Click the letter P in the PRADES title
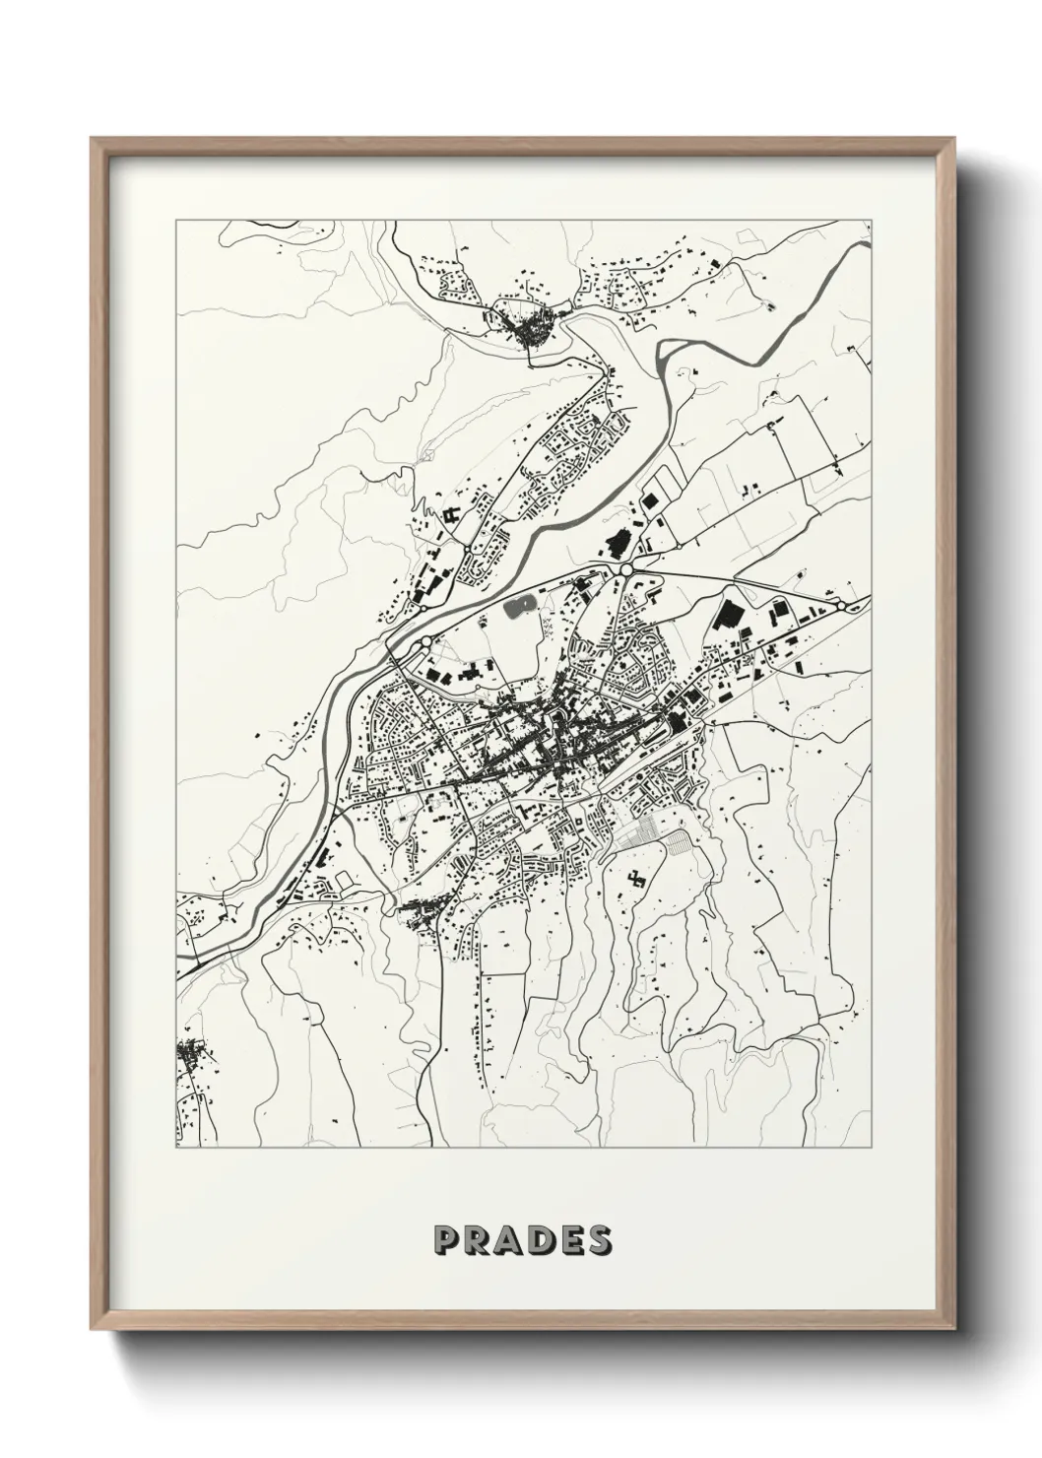point(443,1240)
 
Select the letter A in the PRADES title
point(506,1240)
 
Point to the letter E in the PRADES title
point(568,1240)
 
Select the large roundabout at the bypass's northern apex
point(625,569)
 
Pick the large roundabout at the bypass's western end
point(423,642)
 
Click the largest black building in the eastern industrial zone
point(729,614)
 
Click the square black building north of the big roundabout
point(649,500)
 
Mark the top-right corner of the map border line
point(871,222)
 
